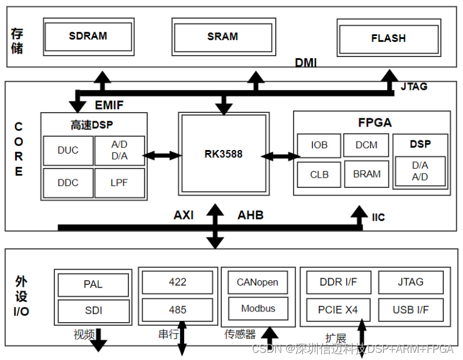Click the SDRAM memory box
[88, 37]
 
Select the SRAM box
[223, 37]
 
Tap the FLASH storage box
[388, 38]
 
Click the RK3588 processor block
[223, 154]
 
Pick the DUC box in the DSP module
[68, 151]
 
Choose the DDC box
[68, 182]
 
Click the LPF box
[119, 182]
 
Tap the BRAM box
[366, 174]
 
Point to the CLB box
[319, 175]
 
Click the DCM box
[366, 145]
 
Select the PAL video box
[93, 284]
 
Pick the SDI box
[93, 311]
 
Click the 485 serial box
[178, 310]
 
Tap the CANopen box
[258, 282]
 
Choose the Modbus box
[258, 308]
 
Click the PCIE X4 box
[338, 310]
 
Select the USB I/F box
[411, 310]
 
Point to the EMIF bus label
[109, 106]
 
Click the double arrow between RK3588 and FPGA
[280, 156]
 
